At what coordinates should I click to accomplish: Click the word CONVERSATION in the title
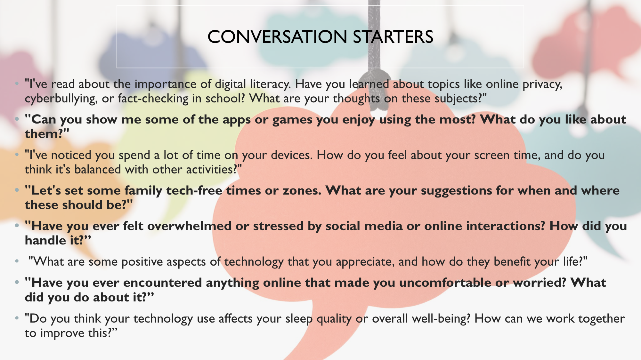coord(277,37)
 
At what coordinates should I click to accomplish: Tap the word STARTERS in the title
coord(393,37)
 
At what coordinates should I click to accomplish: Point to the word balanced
coord(98,170)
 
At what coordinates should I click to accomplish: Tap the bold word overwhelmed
coord(189,226)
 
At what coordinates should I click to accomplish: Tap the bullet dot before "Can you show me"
coord(17,119)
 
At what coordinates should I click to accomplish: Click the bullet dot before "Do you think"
coord(17,318)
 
